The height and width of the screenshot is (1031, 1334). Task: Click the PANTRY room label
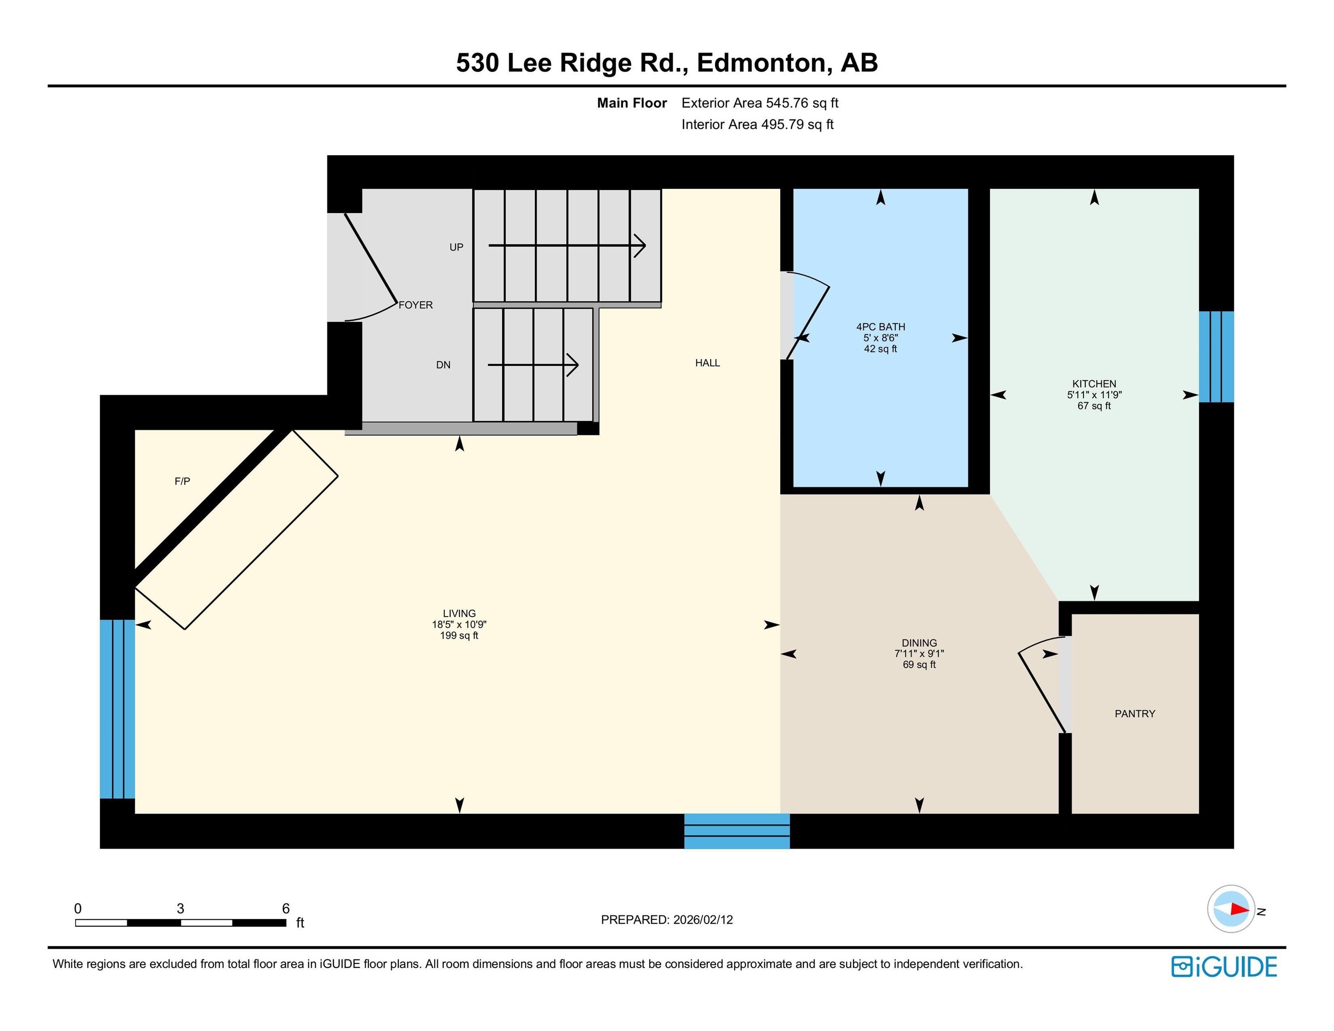pos(1134,713)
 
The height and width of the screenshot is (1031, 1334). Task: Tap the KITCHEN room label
pos(1094,383)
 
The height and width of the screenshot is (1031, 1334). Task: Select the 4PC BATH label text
pos(880,327)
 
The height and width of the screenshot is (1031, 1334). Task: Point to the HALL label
pos(707,363)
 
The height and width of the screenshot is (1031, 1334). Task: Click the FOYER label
pos(415,305)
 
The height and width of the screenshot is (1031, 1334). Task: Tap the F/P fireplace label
pos(182,481)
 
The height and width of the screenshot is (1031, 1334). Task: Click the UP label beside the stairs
pos(456,247)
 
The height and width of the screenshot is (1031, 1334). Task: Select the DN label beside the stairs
pos(443,365)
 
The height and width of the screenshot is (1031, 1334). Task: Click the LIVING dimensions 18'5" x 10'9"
pos(459,624)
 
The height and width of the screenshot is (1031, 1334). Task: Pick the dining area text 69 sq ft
pos(919,665)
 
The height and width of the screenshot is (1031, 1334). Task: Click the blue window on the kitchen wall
pos(1216,357)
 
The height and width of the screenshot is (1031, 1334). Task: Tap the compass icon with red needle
pos(1231,909)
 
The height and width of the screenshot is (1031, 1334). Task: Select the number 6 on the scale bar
pos(285,908)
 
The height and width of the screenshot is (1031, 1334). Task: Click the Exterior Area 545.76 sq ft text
pos(760,103)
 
